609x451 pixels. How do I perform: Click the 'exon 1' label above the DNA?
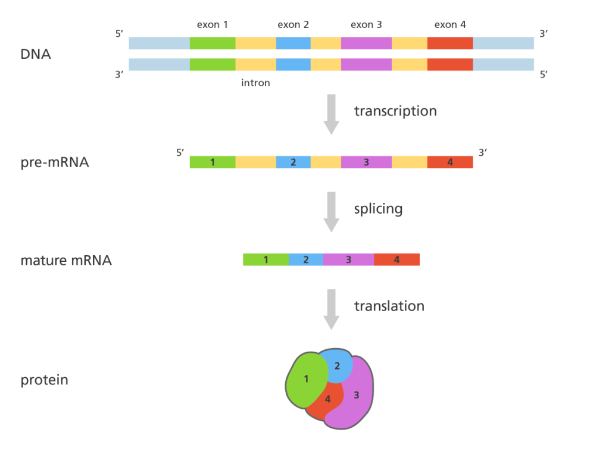tap(213, 25)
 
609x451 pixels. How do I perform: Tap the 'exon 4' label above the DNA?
tap(450, 25)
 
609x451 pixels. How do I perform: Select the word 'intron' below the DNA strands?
tap(255, 83)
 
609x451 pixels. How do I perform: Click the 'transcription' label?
tap(395, 111)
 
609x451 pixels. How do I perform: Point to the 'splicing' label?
tap(378, 209)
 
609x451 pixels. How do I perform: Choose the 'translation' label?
tap(389, 306)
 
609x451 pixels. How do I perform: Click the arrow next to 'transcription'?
tap(331, 114)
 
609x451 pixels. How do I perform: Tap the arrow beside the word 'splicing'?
tap(331, 211)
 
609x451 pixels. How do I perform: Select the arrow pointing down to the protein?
tap(331, 309)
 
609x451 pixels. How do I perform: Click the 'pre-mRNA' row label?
tap(55, 161)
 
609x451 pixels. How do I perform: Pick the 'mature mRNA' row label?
tap(66, 260)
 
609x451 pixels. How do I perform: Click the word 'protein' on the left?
tap(44, 380)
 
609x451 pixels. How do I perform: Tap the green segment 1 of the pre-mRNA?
tap(213, 162)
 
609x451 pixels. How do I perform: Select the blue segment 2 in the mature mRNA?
tap(306, 259)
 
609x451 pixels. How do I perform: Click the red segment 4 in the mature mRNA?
tap(397, 259)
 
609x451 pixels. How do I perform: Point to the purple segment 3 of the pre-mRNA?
tap(366, 162)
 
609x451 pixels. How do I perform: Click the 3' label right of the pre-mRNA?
tap(483, 152)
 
